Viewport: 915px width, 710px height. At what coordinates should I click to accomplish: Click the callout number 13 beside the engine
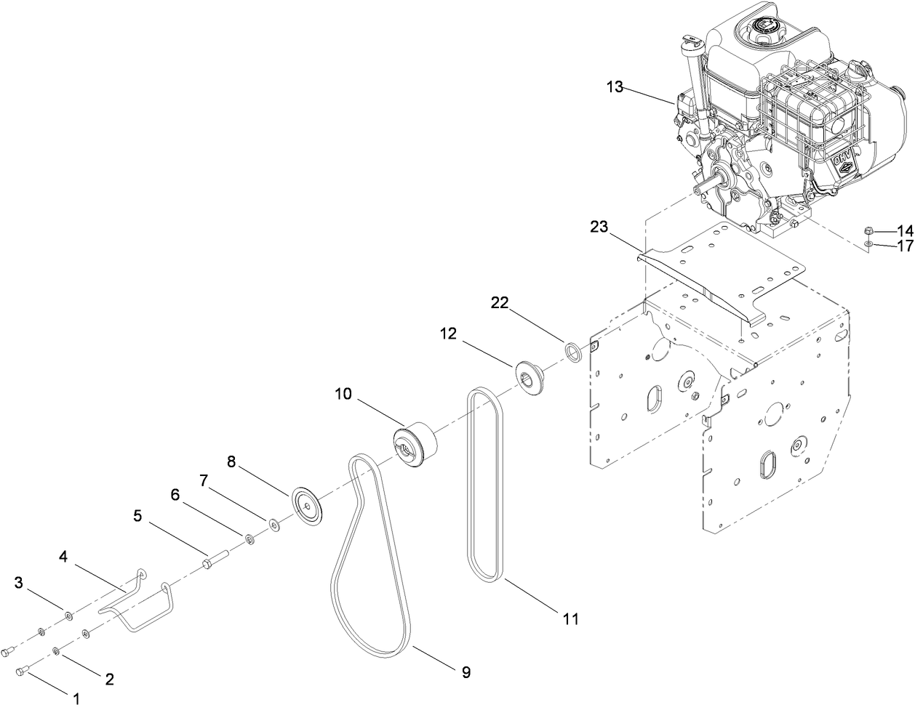pyautogui.click(x=615, y=87)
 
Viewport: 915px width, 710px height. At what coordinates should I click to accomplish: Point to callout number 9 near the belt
pyautogui.click(x=466, y=673)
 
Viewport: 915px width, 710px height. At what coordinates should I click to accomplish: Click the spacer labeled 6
pyautogui.click(x=249, y=538)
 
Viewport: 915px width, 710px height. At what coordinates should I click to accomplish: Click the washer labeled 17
pyautogui.click(x=869, y=245)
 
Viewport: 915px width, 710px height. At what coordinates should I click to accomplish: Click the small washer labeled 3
pyautogui.click(x=68, y=616)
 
